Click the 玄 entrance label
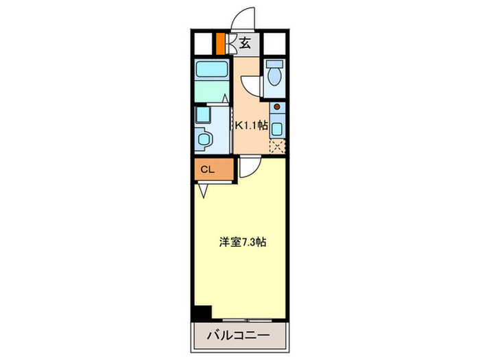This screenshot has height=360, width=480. pyautogui.click(x=245, y=45)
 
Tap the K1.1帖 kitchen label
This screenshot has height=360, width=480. pyautogui.click(x=252, y=125)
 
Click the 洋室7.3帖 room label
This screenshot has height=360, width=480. pyautogui.click(x=243, y=242)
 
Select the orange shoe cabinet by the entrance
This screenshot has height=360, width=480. pyautogui.click(x=220, y=44)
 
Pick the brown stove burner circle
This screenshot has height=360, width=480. pyautogui.click(x=276, y=107)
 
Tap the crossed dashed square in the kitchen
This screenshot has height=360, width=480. pyautogui.click(x=277, y=145)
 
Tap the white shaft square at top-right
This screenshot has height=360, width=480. pyautogui.click(x=276, y=45)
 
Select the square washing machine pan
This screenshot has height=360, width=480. pyautogui.click(x=204, y=113)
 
